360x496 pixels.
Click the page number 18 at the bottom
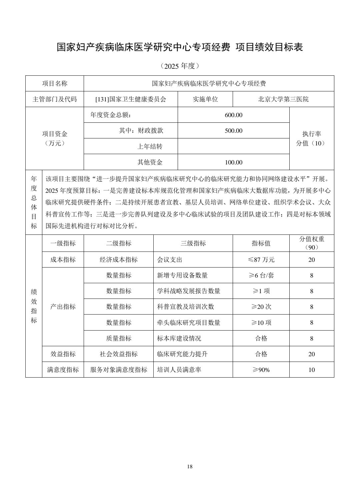click(x=190, y=466)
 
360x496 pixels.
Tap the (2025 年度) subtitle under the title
click(x=180, y=66)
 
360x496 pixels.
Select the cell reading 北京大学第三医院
click(x=283, y=99)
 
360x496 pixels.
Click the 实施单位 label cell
click(x=205, y=99)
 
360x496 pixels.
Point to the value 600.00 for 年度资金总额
click(x=234, y=115)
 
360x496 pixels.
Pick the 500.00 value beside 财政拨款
click(x=234, y=131)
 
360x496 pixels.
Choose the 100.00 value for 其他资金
click(x=234, y=162)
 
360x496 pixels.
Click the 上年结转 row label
click(x=150, y=146)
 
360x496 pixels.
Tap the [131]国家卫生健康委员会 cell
click(x=131, y=99)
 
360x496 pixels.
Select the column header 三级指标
click(x=193, y=243)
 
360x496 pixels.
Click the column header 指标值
click(x=261, y=243)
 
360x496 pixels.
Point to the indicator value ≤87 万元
click(x=261, y=260)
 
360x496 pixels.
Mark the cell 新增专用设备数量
click(x=182, y=276)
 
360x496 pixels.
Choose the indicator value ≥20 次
click(x=261, y=307)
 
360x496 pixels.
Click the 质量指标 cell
click(x=119, y=338)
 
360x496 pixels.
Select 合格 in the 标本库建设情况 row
click(x=261, y=338)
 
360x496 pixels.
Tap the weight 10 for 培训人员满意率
click(x=312, y=370)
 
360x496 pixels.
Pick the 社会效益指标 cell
click(x=119, y=354)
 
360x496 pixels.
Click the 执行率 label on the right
click(x=312, y=134)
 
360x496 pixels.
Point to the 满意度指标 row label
click(x=63, y=370)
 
